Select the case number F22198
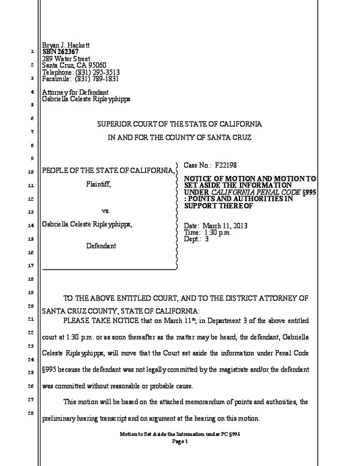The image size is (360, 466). click(x=227, y=164)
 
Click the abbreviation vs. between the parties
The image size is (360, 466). click(x=105, y=211)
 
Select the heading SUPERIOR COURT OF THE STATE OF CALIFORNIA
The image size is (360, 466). click(x=180, y=124)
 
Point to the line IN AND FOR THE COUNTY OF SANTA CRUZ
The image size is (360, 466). click(x=180, y=138)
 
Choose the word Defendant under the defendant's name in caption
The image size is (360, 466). click(x=100, y=246)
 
